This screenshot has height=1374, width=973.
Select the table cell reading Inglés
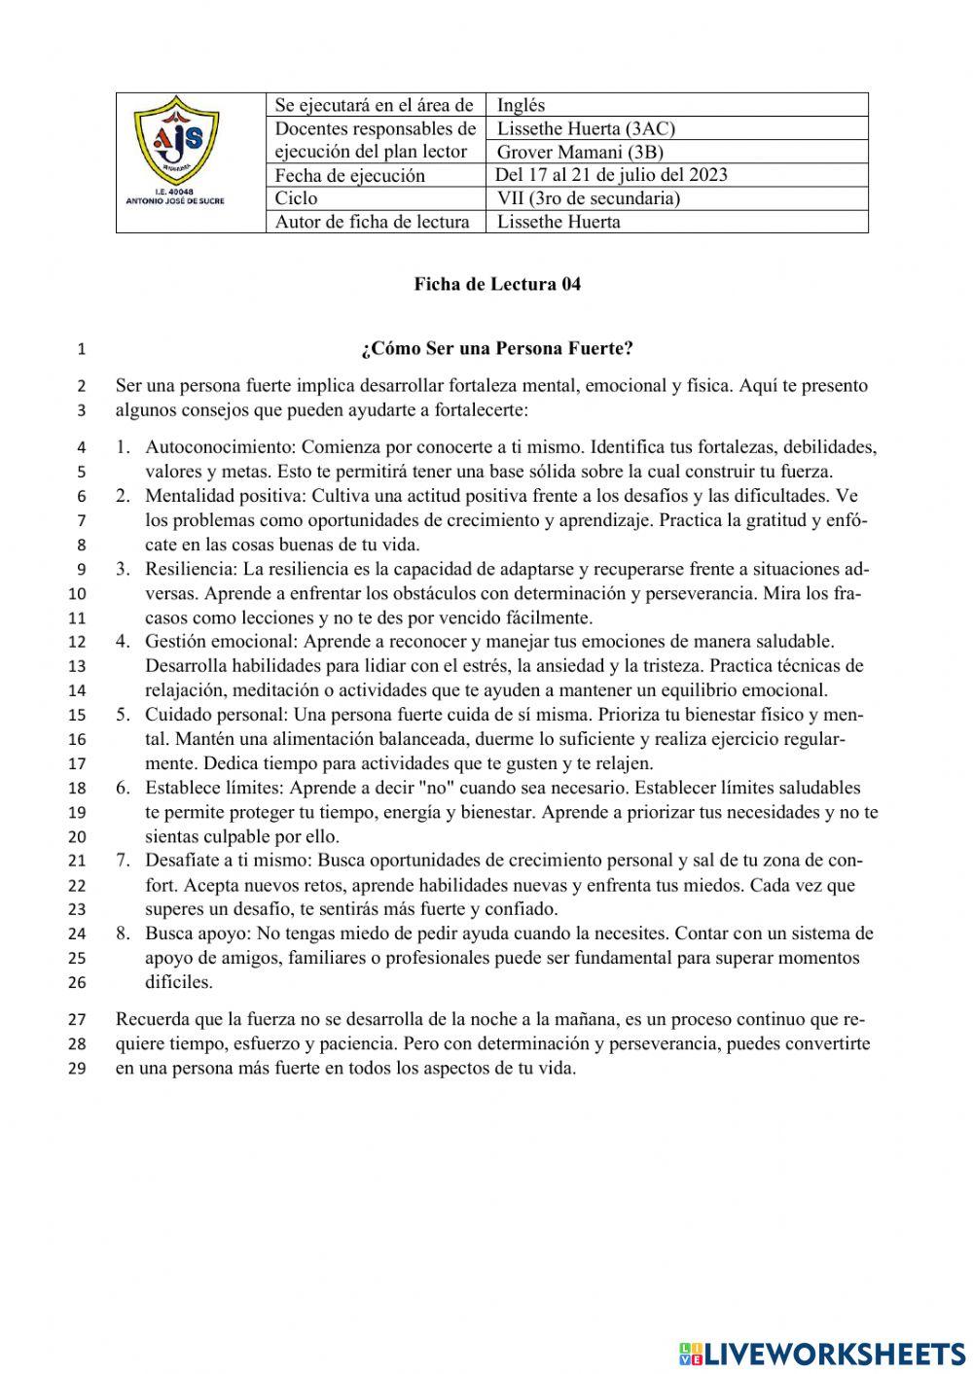click(x=521, y=105)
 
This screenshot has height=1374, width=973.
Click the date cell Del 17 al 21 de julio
click(x=611, y=175)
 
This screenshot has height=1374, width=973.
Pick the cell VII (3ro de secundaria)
click(x=588, y=198)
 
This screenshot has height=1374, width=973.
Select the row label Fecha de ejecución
click(x=349, y=176)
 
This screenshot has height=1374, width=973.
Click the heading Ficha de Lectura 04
click(x=497, y=284)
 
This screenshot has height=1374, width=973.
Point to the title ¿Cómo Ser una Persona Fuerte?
click(x=497, y=348)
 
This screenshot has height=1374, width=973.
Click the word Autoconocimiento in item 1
click(x=220, y=447)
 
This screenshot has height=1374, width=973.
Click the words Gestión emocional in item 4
click(x=222, y=642)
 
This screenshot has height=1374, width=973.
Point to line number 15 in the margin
click(x=78, y=716)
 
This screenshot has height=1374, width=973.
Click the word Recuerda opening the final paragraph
click(x=151, y=1020)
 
